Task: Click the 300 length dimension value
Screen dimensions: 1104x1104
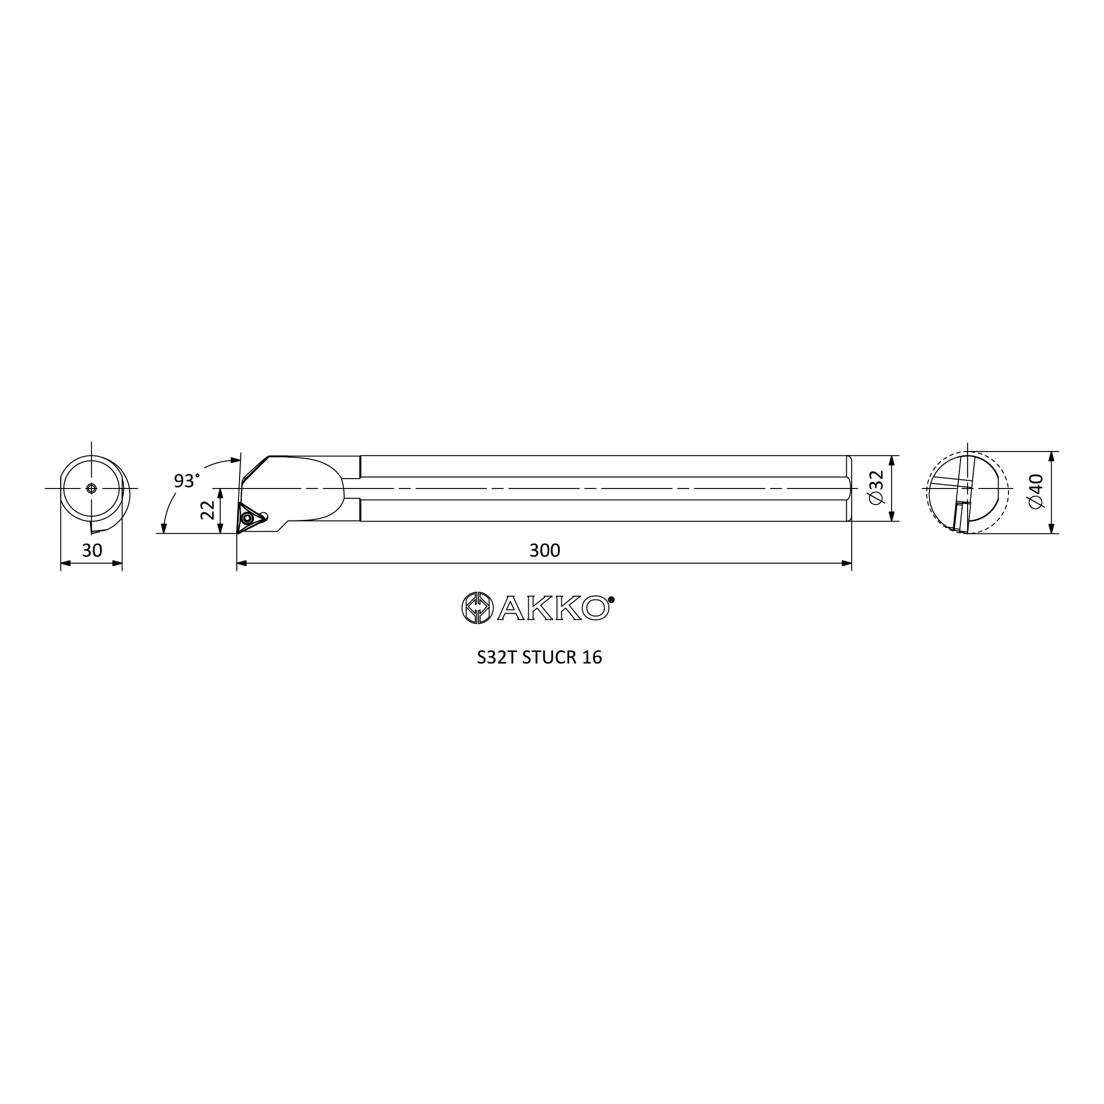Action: (x=545, y=550)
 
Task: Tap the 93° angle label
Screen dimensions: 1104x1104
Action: (x=187, y=481)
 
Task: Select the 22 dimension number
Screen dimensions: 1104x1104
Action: (x=208, y=509)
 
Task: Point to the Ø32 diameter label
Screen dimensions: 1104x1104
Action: (x=875, y=487)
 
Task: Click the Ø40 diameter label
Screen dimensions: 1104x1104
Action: (x=1035, y=491)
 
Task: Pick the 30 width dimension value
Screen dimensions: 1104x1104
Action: (x=92, y=550)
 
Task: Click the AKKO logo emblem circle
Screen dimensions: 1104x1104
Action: (x=477, y=608)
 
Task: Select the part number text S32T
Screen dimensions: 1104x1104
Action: (x=497, y=658)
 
